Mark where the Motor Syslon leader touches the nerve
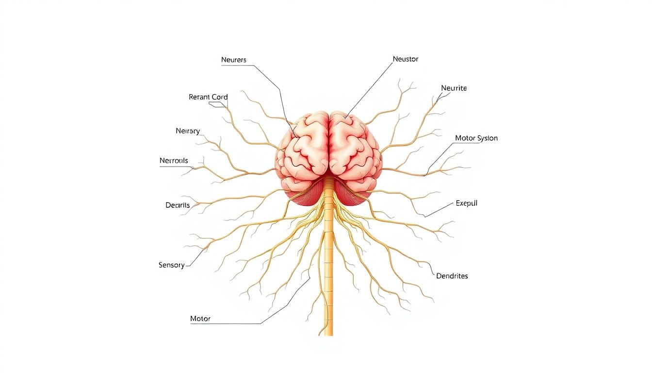click(x=424, y=175)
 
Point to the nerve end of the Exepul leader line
click(x=425, y=217)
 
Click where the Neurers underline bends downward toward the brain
click(x=254, y=66)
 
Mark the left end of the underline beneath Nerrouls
click(x=160, y=167)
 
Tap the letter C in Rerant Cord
click(x=214, y=97)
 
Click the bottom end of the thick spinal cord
click(x=328, y=335)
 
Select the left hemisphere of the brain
click(x=303, y=149)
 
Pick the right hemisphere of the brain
click(x=356, y=149)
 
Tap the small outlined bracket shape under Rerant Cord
click(x=217, y=104)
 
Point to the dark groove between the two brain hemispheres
click(x=329, y=143)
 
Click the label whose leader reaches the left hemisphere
click(x=234, y=60)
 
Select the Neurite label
click(x=454, y=88)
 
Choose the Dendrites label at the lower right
click(x=452, y=276)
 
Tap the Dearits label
click(x=178, y=205)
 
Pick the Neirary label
click(x=188, y=131)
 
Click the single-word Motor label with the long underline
click(x=200, y=319)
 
